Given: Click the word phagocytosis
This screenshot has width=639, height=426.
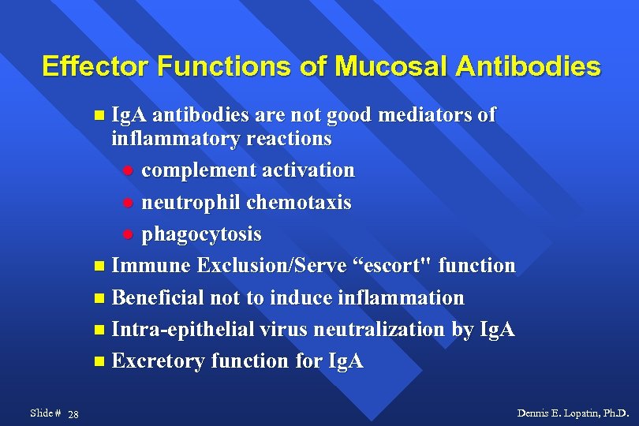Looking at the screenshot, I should point(201,235).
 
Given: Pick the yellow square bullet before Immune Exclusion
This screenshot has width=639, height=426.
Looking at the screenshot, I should point(98,267).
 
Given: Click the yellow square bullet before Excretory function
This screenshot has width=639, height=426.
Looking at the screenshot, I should point(98,362).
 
